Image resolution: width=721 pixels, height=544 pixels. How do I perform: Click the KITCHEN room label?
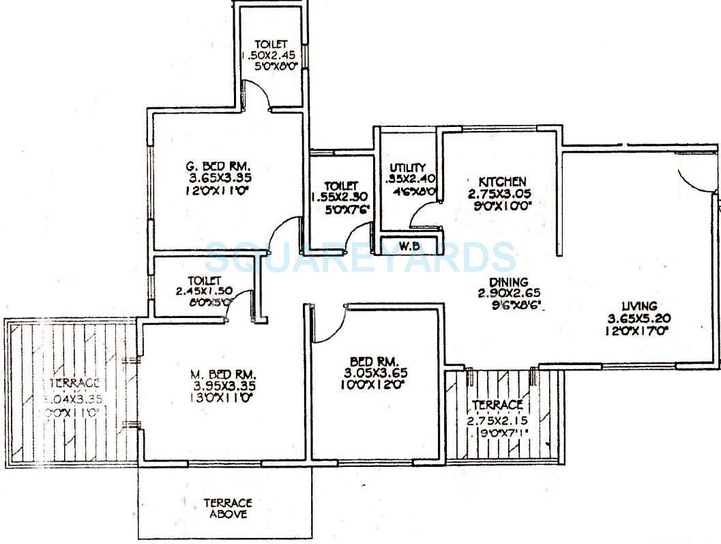pos(501,181)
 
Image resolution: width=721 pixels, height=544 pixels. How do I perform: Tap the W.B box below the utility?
pos(409,246)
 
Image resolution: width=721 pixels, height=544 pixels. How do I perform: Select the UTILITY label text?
pos(408,168)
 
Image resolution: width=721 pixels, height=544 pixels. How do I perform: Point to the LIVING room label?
pos(634,306)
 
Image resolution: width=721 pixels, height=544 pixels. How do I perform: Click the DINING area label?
pos(509,281)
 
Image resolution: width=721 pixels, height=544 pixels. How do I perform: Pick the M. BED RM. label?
pos(223,374)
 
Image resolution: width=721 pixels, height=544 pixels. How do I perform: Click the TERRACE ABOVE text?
pos(227,509)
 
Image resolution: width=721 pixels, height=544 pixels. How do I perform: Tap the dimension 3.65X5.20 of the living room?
pos(634,318)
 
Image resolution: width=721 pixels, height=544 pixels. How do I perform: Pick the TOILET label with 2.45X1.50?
pos(205,281)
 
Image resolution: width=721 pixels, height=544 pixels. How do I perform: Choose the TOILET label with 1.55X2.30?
pos(340,186)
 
